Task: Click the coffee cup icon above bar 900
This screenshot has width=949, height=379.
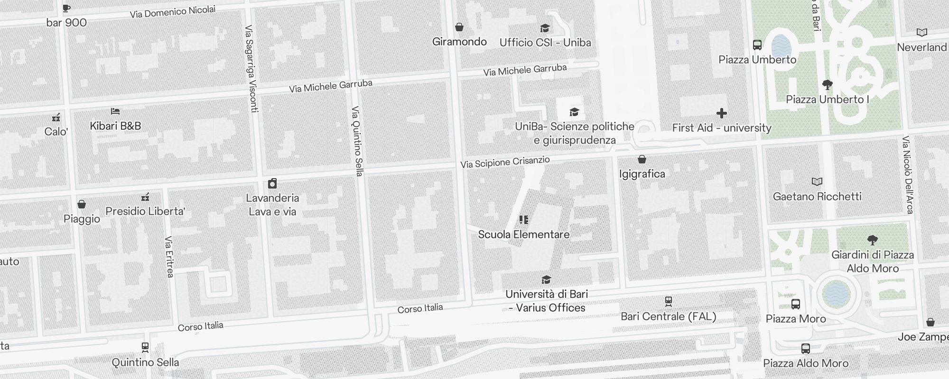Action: click(x=66, y=8)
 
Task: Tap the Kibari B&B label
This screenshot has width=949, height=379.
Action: click(x=115, y=126)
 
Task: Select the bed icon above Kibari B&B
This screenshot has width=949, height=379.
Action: click(x=115, y=112)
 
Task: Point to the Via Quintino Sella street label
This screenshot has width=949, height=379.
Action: click(x=357, y=141)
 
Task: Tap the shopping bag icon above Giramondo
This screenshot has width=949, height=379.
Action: click(x=459, y=27)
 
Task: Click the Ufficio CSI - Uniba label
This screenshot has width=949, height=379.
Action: click(x=545, y=43)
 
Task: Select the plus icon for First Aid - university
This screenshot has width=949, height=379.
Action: click(x=721, y=113)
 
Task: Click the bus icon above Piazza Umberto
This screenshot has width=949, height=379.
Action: click(x=757, y=45)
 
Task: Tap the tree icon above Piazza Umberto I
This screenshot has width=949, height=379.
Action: click(x=827, y=85)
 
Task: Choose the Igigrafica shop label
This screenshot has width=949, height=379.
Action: click(x=642, y=174)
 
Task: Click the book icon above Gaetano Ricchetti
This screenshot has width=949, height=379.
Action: click(x=817, y=181)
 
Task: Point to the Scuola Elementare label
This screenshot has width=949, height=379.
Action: click(x=523, y=235)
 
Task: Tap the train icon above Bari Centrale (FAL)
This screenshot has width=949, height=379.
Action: click(x=668, y=301)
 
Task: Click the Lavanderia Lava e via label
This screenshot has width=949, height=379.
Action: click(x=272, y=205)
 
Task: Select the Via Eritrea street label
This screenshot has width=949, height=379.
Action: click(x=169, y=257)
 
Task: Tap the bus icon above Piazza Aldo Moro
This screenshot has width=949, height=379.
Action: click(x=805, y=349)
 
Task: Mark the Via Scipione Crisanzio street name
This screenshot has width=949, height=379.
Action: click(x=505, y=162)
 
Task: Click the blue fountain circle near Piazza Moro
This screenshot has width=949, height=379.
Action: click(x=836, y=293)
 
